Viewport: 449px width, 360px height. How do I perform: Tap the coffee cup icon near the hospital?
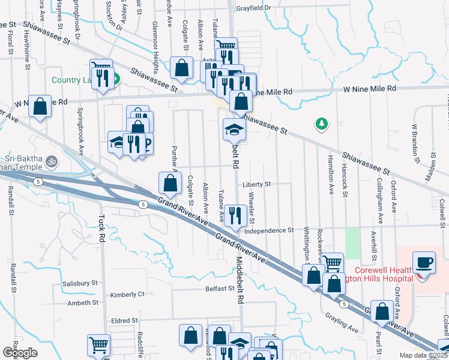point(424,263)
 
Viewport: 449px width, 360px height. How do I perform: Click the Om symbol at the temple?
point(52,161)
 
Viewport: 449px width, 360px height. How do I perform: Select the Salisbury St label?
point(78,283)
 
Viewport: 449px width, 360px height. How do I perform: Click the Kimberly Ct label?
point(127,295)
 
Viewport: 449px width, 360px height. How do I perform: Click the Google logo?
point(20,352)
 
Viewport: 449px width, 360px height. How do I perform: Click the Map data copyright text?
point(423,355)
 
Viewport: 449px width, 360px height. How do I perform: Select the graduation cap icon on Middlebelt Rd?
point(234,128)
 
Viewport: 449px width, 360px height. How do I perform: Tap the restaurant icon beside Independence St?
point(234,214)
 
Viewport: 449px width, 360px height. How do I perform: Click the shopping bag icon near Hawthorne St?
point(40,106)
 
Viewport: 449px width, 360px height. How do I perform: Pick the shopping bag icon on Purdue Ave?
point(170,183)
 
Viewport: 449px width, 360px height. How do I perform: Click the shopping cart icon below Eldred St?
point(98,345)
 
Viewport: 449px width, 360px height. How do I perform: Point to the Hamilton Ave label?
point(331,180)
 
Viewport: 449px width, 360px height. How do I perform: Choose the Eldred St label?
point(124,321)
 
